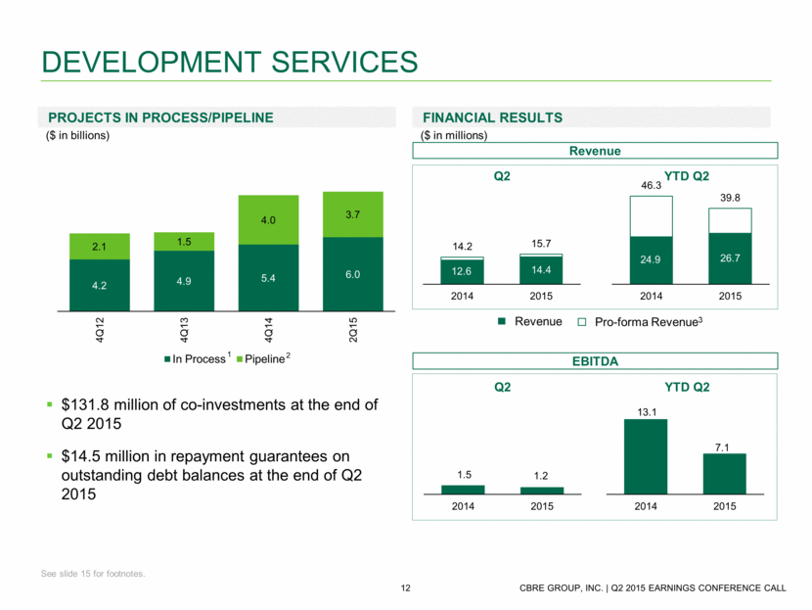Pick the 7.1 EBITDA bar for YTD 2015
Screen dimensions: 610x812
click(724, 474)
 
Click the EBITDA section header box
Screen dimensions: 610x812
click(596, 362)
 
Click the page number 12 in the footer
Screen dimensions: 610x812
click(405, 587)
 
